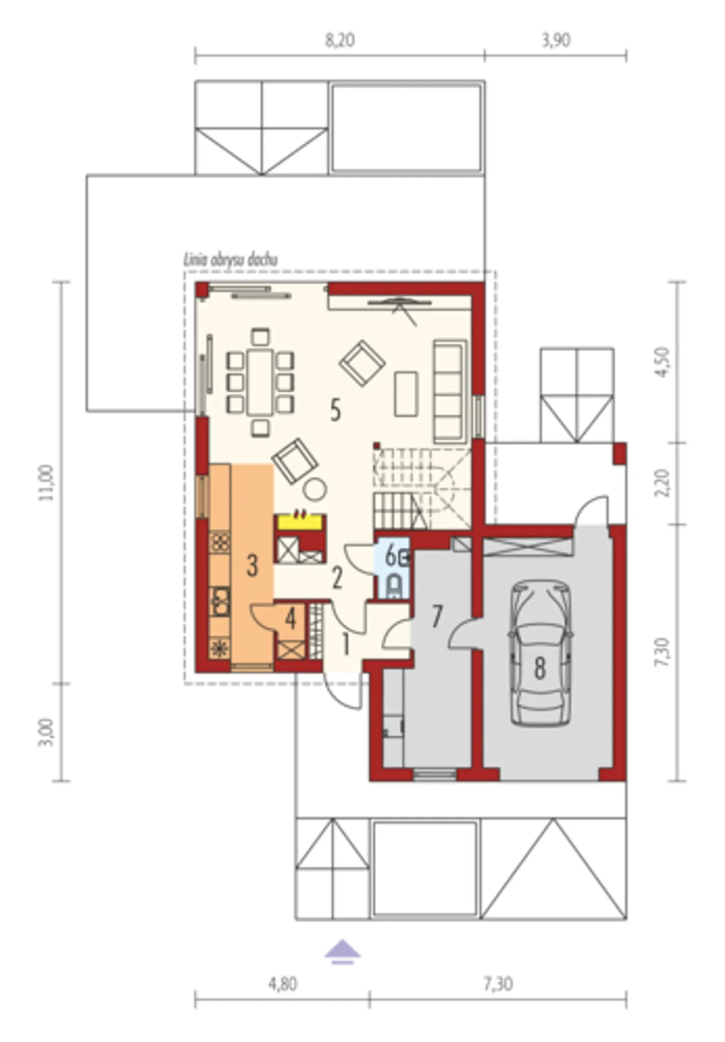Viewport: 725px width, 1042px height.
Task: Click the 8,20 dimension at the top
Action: [x=340, y=40]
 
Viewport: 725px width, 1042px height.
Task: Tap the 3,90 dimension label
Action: [x=556, y=40]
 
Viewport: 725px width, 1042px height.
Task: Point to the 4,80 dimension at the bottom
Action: [x=283, y=984]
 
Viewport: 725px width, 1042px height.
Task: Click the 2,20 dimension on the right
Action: [x=662, y=483]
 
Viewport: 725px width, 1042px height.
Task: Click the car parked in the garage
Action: [x=541, y=653]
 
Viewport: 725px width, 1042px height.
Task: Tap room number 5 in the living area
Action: [x=335, y=410]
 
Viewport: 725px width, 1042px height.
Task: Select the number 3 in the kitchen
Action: [x=253, y=565]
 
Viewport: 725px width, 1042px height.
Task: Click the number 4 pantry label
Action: [x=291, y=619]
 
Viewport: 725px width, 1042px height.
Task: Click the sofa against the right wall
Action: [x=450, y=391]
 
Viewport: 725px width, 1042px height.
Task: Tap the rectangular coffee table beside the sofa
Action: [x=406, y=394]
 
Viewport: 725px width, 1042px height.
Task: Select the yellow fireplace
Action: [x=300, y=521]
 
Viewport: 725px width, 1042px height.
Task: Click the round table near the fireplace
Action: [x=315, y=489]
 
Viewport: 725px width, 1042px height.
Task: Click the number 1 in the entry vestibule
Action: [x=346, y=644]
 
